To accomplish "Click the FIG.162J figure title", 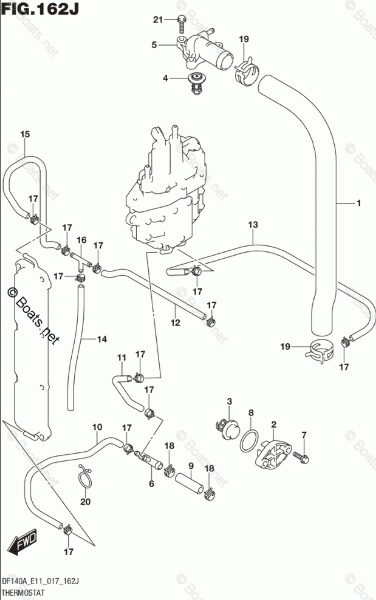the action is tap(40, 9).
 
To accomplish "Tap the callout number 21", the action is tap(158, 20).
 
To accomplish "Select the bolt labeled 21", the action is tap(182, 23).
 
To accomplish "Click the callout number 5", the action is tap(154, 45).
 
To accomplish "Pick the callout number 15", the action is tap(25, 134).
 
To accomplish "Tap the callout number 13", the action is tap(253, 225).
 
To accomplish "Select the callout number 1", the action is tap(359, 203).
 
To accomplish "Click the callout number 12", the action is tap(176, 322).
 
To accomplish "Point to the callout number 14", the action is tap(102, 339).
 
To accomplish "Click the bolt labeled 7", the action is tap(301, 456).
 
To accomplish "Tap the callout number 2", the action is tap(274, 424).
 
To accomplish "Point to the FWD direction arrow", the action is tap(23, 542).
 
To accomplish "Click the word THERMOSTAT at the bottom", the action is tap(23, 593).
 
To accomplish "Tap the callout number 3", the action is tap(230, 401).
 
